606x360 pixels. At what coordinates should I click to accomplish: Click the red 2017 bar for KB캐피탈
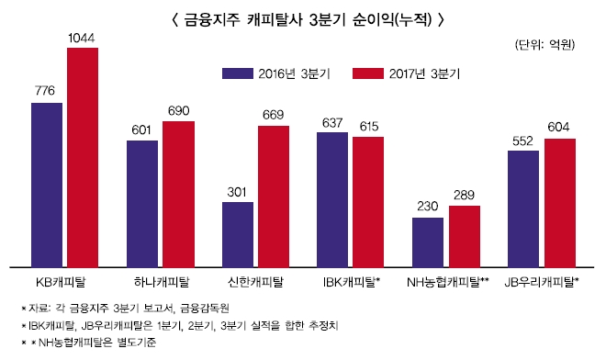(83, 156)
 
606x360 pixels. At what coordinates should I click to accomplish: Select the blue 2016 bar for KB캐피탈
(47, 184)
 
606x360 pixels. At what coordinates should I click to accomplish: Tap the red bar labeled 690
(178, 193)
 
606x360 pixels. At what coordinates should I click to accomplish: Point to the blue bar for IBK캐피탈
(332, 198)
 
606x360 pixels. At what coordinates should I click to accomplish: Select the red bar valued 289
(465, 235)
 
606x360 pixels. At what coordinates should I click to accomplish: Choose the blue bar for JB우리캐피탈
(522, 208)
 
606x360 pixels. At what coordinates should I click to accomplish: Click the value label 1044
(83, 38)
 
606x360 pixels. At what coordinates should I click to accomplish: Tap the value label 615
(368, 126)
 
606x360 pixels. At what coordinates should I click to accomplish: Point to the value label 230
(428, 208)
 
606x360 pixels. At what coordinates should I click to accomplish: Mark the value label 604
(559, 129)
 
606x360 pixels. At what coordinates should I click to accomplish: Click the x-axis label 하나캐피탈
(161, 281)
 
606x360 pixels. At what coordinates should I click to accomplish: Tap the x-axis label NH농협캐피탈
(447, 281)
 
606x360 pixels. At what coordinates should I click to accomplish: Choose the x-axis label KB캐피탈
(63, 281)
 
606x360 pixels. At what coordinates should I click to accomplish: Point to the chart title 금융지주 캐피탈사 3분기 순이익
(302, 17)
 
